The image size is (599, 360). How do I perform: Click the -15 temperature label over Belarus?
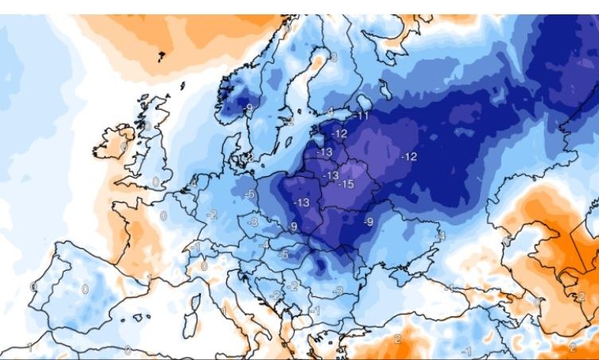346,184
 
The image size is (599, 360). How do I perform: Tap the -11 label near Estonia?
362,116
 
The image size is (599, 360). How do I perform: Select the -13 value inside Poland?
301,202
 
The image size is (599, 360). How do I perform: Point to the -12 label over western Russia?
409,156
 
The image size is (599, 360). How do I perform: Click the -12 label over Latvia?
340,133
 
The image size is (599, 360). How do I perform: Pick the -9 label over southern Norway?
249,108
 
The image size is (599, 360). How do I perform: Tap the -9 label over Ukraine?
368,221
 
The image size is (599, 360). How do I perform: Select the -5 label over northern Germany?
250,194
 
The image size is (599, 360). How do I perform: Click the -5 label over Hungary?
284,255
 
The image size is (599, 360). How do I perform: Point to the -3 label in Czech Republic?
253,222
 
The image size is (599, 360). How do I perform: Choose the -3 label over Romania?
338,292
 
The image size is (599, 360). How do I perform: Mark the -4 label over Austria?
265,245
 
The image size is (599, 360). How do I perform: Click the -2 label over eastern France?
212,214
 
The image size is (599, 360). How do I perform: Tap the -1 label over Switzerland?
196,248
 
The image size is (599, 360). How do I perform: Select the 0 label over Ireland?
123,147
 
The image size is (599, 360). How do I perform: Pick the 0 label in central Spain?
85,288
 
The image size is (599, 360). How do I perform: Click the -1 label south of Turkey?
468,351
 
